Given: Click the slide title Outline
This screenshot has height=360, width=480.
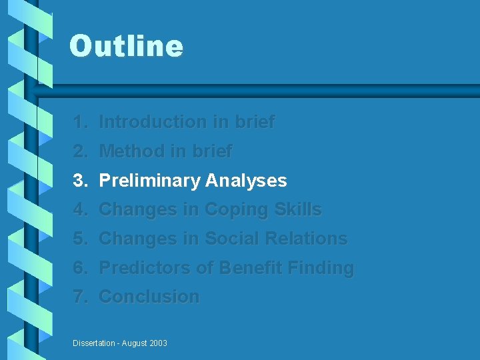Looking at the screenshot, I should pos(126,47).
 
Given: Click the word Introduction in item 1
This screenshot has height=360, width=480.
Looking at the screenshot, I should pos(153,122).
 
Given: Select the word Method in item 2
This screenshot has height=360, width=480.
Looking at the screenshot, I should pos(132,151).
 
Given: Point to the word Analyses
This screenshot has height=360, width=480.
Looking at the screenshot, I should pos(246,181).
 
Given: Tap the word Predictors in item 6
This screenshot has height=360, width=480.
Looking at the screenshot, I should pos(145,268).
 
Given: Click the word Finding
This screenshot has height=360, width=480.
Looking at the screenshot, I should pos(321,268).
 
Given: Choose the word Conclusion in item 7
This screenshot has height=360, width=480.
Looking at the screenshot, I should pos(149,297).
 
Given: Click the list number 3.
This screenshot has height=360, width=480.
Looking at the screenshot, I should pos(80,181).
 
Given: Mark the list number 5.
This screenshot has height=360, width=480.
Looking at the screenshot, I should pos(80,239).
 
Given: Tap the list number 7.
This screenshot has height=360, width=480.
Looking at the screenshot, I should pos(80,297).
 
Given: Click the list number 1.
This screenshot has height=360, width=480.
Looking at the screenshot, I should pos(80,122).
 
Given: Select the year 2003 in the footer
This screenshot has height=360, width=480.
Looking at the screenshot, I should pos(157,343).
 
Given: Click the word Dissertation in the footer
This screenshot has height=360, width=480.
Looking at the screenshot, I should pos(93,343).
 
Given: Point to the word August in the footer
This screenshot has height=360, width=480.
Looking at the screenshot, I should pos(133,343).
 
